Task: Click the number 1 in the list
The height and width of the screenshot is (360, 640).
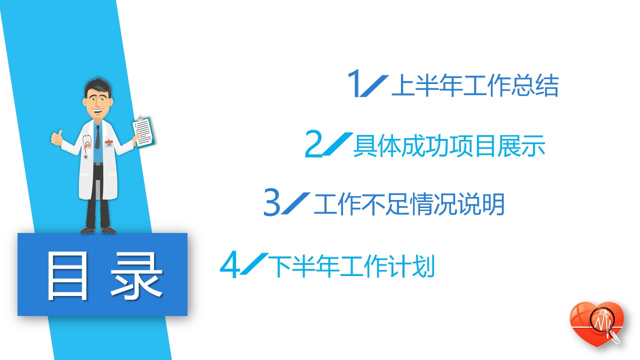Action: click(x=353, y=83)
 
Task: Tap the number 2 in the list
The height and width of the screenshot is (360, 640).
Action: click(x=313, y=143)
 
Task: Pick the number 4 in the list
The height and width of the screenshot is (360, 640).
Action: click(x=229, y=264)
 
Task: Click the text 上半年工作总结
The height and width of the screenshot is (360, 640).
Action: click(x=475, y=85)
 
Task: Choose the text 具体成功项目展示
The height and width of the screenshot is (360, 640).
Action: click(x=449, y=146)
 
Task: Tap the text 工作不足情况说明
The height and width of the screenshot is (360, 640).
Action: click(x=409, y=204)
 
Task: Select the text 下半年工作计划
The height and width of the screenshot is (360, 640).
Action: click(x=351, y=266)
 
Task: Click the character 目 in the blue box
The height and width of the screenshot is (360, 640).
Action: click(x=67, y=276)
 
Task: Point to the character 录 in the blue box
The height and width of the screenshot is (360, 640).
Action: click(x=136, y=276)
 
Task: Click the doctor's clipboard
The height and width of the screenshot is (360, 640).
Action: click(x=143, y=132)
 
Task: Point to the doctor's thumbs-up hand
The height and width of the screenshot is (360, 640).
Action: click(x=57, y=138)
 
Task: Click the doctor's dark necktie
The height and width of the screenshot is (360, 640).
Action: click(x=97, y=137)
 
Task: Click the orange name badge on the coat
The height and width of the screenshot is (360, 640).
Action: click(x=108, y=143)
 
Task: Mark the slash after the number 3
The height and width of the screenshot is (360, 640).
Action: click(x=295, y=203)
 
